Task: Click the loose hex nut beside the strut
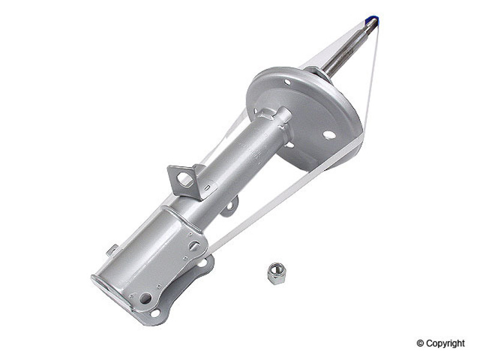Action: tap(275, 273)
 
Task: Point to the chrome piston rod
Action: tap(350, 49)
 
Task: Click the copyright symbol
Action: tap(420, 343)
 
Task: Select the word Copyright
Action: tap(445, 344)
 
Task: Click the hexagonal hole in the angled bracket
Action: tap(184, 179)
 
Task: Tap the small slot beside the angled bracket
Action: tap(207, 187)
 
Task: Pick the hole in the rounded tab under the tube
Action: tap(230, 207)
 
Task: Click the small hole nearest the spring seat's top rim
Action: tap(287, 82)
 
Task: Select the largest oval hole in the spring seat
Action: tap(329, 134)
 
